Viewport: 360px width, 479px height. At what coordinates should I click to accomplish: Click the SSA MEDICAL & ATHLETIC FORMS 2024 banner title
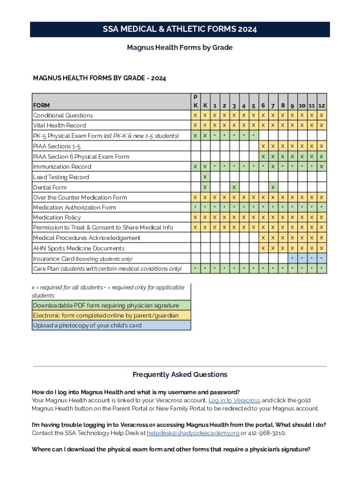(x=180, y=29)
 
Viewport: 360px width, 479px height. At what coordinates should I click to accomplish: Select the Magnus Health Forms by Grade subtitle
(x=180, y=48)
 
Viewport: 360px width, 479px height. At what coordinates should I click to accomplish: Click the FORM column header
(x=41, y=105)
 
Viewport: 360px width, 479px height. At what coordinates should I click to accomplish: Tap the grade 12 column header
(x=322, y=106)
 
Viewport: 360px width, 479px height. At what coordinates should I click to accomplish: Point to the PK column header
(x=195, y=101)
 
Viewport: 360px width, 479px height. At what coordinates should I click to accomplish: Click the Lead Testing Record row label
(x=61, y=177)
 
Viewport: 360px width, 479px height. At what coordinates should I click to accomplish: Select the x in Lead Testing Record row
(x=205, y=177)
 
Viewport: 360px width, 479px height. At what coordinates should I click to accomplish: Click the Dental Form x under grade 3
(x=234, y=187)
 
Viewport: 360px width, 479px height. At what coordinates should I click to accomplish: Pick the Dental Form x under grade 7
(x=273, y=187)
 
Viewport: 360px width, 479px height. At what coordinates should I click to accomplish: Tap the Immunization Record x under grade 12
(x=322, y=167)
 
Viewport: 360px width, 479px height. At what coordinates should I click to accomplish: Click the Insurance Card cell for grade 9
(x=292, y=258)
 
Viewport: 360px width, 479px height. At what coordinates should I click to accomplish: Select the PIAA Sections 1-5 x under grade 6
(x=263, y=146)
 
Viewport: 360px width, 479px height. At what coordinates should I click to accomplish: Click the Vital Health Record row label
(x=59, y=125)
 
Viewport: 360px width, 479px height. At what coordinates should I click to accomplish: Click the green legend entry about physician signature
(x=106, y=305)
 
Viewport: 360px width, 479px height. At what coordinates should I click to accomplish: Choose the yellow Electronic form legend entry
(x=106, y=316)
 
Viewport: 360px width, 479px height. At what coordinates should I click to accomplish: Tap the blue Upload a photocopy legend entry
(x=87, y=326)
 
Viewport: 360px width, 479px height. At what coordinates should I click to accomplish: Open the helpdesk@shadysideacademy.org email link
(x=193, y=433)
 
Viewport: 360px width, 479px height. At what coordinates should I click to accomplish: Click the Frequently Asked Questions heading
(x=180, y=374)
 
